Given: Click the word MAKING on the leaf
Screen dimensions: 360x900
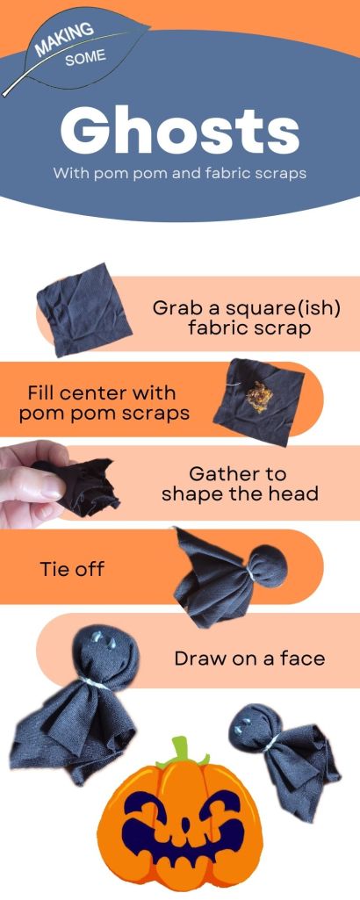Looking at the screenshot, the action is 64,39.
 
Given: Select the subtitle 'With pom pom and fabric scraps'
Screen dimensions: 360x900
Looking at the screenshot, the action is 180,173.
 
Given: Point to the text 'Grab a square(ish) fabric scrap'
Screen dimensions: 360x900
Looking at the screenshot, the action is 247,317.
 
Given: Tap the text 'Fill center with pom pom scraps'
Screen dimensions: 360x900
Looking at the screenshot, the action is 104,404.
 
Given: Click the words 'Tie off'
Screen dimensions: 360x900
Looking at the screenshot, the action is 72,569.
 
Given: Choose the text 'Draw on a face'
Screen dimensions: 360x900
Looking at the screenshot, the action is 249,658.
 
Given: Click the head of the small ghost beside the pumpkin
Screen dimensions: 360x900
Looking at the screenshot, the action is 250,727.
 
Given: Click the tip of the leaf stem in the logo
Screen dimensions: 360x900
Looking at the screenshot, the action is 4,95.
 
